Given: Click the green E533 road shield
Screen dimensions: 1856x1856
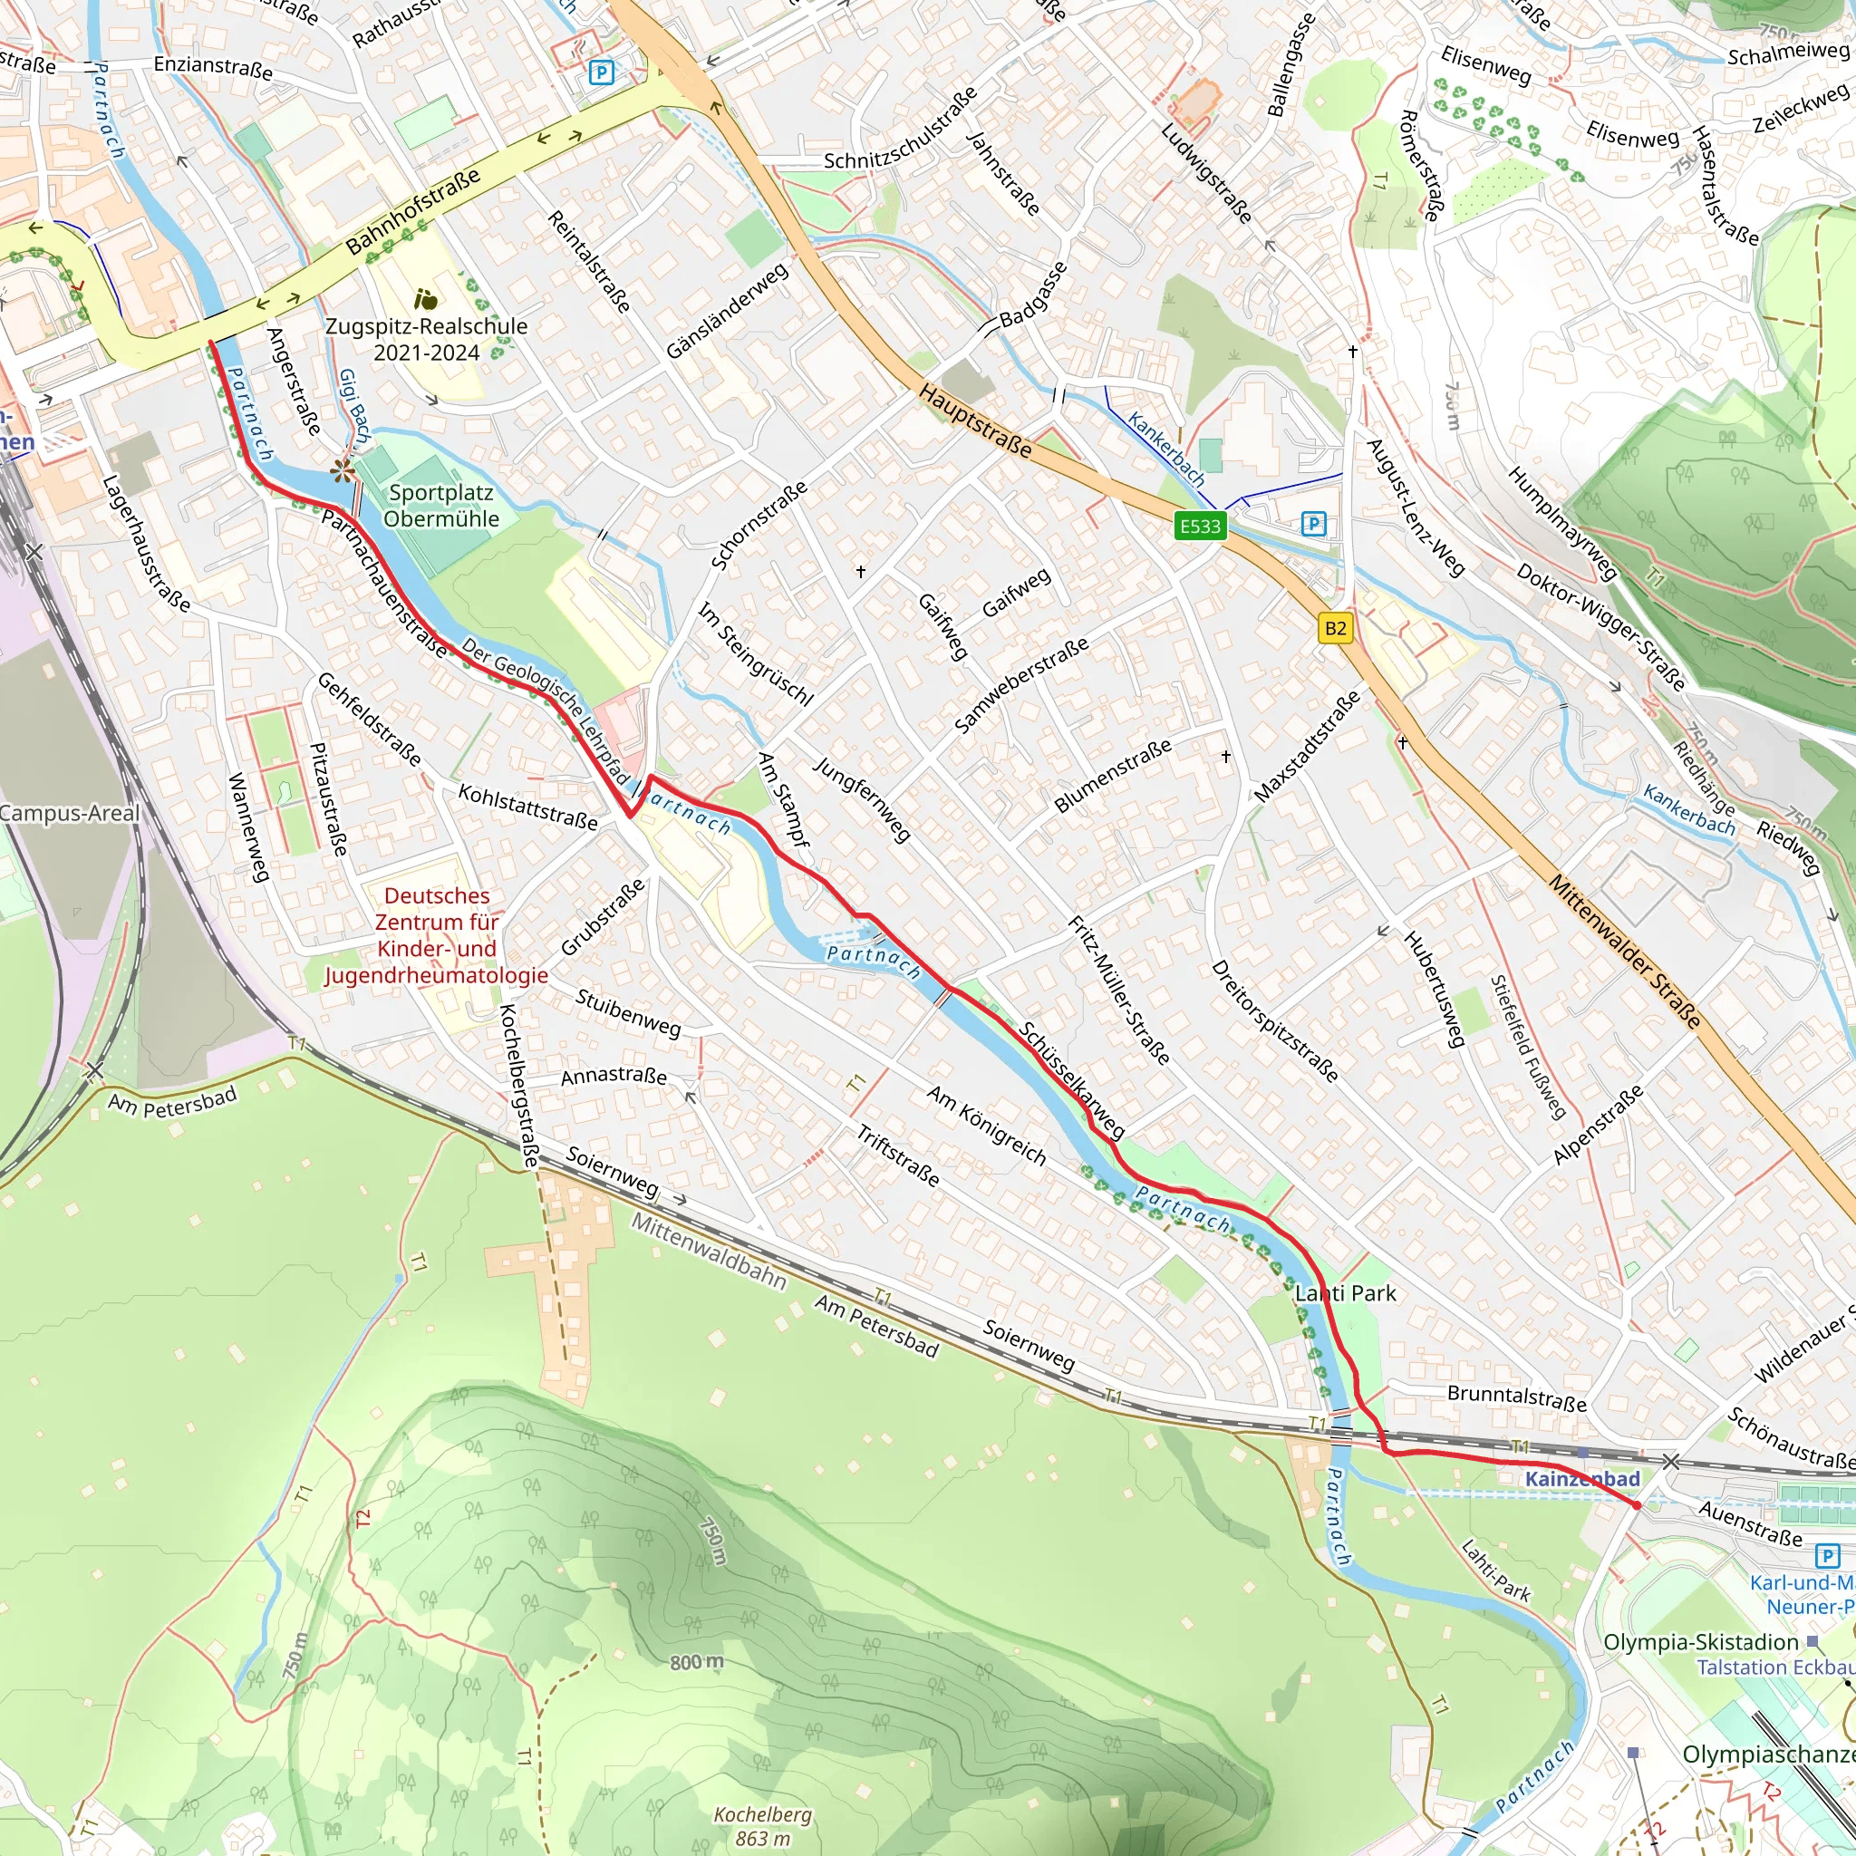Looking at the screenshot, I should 1200,526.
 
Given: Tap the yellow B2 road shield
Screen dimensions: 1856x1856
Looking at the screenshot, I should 1335,628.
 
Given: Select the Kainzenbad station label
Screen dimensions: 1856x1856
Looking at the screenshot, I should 1582,1478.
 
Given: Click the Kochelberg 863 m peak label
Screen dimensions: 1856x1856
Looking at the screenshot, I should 763,1826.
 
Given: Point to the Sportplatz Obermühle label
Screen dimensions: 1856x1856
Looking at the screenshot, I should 441,506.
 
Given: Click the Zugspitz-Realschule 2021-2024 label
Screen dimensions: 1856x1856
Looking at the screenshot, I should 427,339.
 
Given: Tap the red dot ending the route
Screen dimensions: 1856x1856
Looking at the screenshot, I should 1637,1505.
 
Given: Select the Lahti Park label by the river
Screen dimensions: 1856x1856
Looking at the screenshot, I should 1345,1293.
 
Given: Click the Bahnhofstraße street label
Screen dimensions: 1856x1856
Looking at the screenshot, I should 413,212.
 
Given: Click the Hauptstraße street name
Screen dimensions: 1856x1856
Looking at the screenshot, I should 975,420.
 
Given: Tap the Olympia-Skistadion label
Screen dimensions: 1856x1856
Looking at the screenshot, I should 1700,1642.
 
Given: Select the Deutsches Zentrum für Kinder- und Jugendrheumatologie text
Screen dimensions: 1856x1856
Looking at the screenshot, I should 437,934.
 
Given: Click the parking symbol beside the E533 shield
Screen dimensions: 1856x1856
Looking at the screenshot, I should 1313,524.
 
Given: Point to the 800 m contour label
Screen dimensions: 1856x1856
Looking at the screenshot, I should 698,1662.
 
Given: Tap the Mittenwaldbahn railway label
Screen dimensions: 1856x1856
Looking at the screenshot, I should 709,1251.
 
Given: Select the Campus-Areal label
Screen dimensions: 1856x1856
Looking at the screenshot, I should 69,813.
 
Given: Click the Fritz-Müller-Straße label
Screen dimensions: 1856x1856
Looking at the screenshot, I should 1119,991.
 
